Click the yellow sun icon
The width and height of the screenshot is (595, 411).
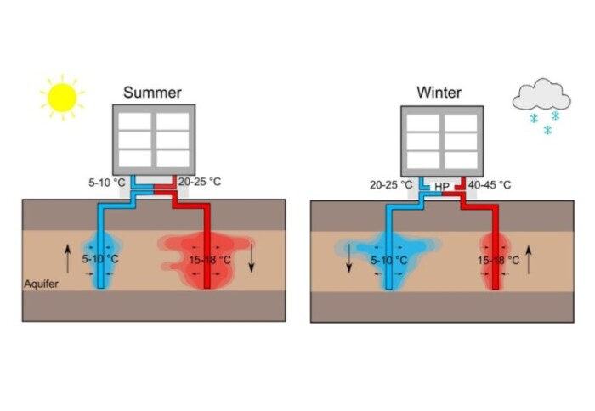61,96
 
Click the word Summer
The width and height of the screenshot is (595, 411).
151,92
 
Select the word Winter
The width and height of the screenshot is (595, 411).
439,92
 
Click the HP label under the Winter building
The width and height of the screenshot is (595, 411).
442,185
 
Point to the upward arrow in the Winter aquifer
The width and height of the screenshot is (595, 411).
530,258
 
